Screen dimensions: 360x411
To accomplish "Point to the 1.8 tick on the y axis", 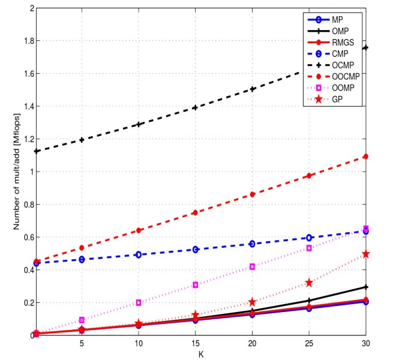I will pyautogui.click(x=26, y=41).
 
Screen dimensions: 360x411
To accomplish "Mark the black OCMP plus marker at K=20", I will pyautogui.click(x=252, y=89).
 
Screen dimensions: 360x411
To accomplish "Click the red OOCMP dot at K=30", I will pyautogui.click(x=365, y=157).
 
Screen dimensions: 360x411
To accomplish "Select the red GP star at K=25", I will pyautogui.click(x=309, y=283).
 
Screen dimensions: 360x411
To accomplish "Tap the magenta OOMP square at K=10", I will pyautogui.click(x=138, y=302).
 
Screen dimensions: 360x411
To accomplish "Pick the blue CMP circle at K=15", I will pyautogui.click(x=195, y=249).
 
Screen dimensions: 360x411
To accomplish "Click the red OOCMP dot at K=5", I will pyautogui.click(x=82, y=248).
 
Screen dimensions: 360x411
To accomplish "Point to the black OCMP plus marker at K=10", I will pyautogui.click(x=138, y=124).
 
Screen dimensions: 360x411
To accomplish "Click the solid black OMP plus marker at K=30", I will pyautogui.click(x=365, y=287).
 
